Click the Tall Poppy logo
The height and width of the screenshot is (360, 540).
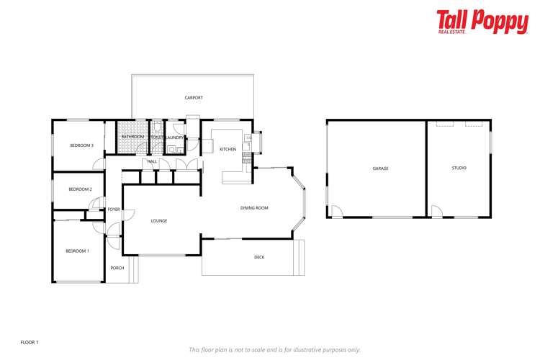click(482, 22)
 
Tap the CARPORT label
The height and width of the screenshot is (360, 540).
click(193, 97)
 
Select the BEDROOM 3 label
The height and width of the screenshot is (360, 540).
click(81, 145)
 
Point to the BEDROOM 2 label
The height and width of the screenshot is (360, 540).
click(80, 189)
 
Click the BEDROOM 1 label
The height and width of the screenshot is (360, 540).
click(77, 251)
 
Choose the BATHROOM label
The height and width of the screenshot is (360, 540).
click(132, 137)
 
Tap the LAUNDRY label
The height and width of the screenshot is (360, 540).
click(175, 137)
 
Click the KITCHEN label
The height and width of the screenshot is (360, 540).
click(228, 149)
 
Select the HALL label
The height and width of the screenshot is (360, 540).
click(152, 161)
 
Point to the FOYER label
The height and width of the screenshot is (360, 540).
click(114, 210)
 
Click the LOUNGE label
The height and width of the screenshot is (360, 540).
click(159, 220)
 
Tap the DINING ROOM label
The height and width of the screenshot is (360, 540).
click(254, 208)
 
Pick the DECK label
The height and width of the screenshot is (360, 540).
click(259, 257)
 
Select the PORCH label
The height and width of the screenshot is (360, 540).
click(117, 268)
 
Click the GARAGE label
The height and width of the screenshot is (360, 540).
click(380, 168)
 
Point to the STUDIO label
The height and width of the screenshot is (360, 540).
click(459, 168)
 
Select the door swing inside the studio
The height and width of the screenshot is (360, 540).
click(436, 211)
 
